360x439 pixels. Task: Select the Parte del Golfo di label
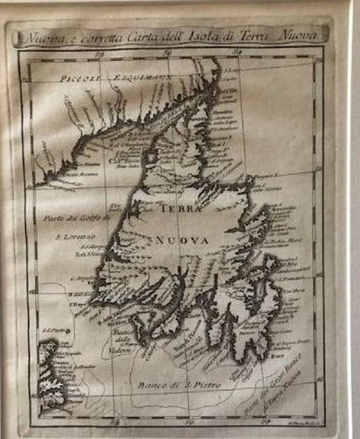tap(76, 218)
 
